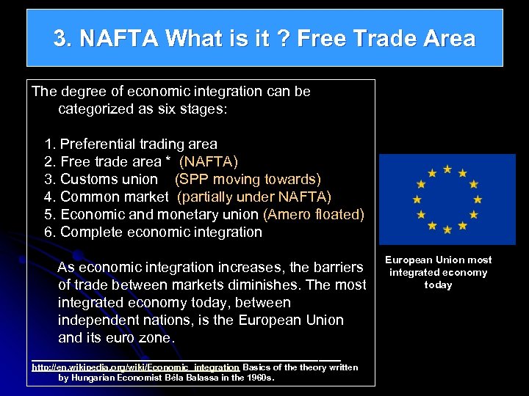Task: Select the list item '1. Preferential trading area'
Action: pos(131,144)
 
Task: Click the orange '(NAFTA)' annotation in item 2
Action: pos(209,161)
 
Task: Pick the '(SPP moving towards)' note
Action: pos(248,179)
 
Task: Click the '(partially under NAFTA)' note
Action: pos(254,197)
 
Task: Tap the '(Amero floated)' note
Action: pos(313,214)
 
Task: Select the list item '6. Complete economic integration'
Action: pos(153,232)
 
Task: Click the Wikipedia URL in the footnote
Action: pos(135,367)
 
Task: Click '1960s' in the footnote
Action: pos(261,378)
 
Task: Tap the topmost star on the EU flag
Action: pos(447,169)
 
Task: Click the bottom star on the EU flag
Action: pos(447,230)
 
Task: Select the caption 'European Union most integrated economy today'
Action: pos(439,272)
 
